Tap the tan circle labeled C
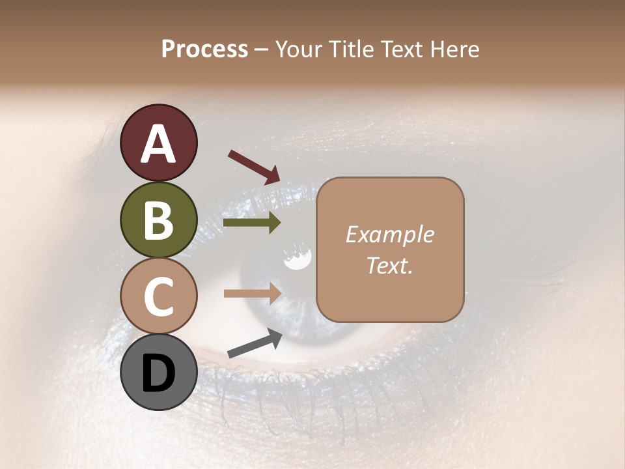point(158,296)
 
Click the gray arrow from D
point(255,343)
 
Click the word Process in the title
point(204,50)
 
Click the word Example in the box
point(389,234)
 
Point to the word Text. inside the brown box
point(389,266)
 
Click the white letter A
point(158,143)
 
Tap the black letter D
point(158,374)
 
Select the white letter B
point(158,220)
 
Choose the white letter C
point(158,297)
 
